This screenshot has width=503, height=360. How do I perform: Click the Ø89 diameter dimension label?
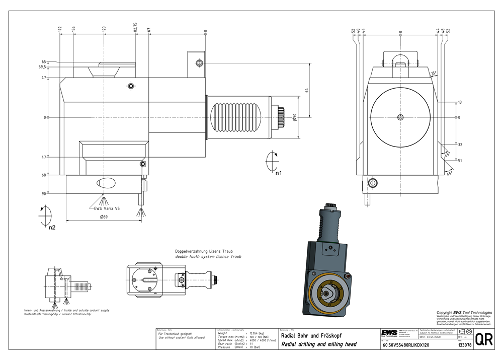click(x=105, y=217)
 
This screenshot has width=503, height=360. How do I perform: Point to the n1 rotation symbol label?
click(x=278, y=173)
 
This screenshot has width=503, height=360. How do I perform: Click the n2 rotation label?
click(x=52, y=227)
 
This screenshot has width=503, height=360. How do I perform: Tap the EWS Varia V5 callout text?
click(x=106, y=208)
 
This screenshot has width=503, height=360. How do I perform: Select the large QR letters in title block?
click(x=484, y=339)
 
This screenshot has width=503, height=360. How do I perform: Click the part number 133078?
click(x=464, y=345)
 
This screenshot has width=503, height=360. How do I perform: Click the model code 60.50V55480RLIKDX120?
click(x=405, y=345)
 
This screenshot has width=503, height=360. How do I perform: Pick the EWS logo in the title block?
click(x=389, y=333)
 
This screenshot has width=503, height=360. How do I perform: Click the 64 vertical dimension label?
click(x=307, y=90)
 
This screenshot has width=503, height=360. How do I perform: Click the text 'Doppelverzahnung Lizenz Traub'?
click(x=207, y=251)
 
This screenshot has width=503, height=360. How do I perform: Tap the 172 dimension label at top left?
click(x=60, y=30)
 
